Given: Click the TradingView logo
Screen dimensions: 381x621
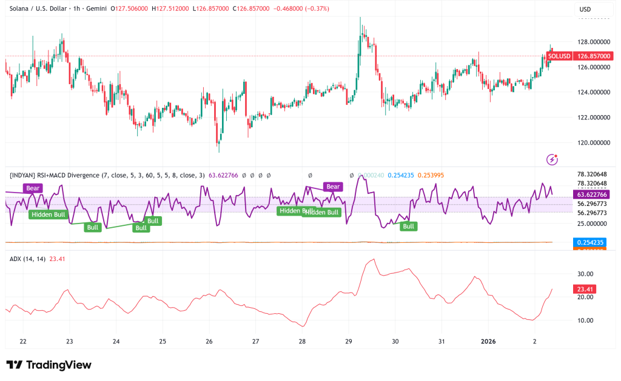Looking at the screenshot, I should [x=49, y=365].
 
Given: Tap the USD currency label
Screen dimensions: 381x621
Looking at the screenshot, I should [x=585, y=10].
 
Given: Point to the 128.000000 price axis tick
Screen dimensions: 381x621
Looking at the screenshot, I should [x=592, y=42].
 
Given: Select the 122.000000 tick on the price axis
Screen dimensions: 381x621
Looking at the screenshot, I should [x=592, y=118].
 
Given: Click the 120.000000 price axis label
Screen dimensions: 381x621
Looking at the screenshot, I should [x=592, y=143].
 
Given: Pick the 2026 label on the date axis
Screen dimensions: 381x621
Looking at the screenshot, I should [x=488, y=342].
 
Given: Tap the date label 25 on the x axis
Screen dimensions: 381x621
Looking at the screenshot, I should [x=163, y=342].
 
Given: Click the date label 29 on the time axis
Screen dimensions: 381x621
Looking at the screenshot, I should [x=349, y=342].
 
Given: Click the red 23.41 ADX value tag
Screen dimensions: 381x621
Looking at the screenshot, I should [x=583, y=290].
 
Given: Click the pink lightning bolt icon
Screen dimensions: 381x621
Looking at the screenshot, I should [x=552, y=159].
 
